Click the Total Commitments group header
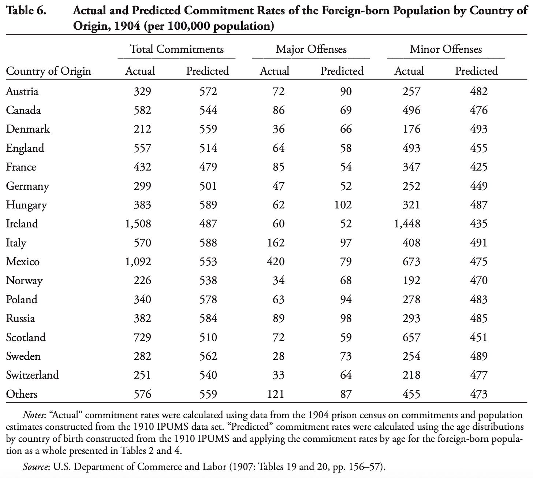(x=177, y=49)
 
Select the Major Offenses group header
(x=311, y=49)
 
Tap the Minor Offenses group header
(x=446, y=49)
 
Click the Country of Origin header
(x=48, y=71)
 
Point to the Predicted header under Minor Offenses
(x=476, y=71)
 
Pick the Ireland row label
(x=22, y=223)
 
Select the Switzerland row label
(x=32, y=375)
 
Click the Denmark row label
(x=28, y=129)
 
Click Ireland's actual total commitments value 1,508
(x=138, y=223)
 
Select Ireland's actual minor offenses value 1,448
(x=407, y=223)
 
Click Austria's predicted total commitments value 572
(x=208, y=91)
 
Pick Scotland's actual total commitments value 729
(x=142, y=337)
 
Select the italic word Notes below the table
(x=34, y=415)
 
